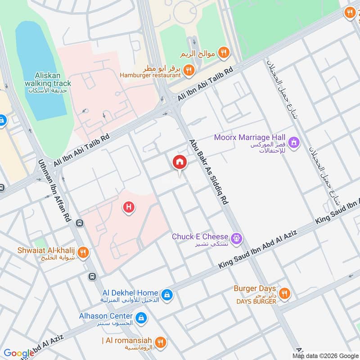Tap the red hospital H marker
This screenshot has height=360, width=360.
coord(129,207)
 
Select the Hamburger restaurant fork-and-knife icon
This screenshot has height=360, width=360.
coord(189,70)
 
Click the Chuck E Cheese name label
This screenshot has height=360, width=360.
coord(200,237)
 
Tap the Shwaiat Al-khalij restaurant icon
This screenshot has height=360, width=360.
coord(82,252)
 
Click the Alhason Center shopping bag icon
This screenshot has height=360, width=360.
coord(141,318)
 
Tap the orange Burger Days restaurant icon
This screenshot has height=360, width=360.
coord(284,294)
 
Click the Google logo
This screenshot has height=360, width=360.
coord(18,353)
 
